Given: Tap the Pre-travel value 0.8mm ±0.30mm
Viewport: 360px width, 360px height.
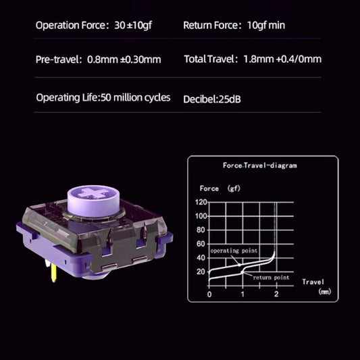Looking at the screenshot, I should tap(124, 59).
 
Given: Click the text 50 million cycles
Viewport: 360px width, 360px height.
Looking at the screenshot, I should tap(135, 98).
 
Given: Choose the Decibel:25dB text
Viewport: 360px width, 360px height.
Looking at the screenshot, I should tap(212, 99).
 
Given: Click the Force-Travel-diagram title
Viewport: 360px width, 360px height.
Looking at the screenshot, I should tap(259, 165).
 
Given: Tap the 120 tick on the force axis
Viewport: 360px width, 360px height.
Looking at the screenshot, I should tap(201, 203).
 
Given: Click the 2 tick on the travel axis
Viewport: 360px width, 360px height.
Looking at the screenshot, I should tap(276, 295).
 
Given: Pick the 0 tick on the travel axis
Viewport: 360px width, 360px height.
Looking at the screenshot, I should tap(209, 295).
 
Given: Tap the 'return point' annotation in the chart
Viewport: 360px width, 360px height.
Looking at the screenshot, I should tap(272, 278).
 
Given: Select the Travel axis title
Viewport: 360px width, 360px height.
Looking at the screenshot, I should tap(313, 281).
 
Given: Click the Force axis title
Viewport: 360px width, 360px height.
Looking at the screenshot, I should tap(209, 188).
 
